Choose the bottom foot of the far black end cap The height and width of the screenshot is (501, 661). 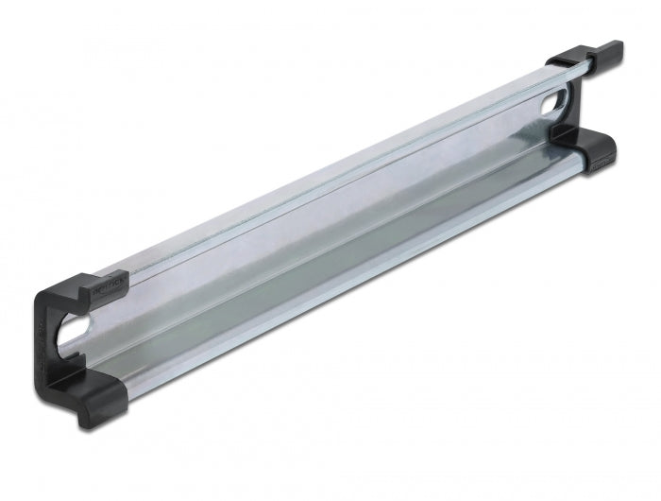click(x=590, y=151)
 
